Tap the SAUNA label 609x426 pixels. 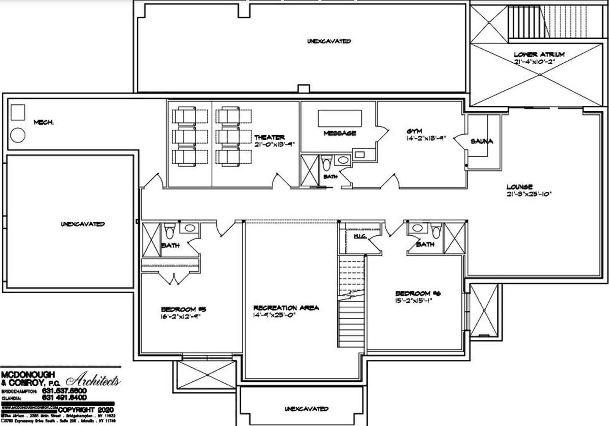(482, 141)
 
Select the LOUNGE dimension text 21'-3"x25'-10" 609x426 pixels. (529, 193)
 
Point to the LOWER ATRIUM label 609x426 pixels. (539, 55)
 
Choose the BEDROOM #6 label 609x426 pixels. (417, 293)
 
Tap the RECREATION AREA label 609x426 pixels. (286, 308)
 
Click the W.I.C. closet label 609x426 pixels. (360, 236)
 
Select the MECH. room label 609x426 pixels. (43, 123)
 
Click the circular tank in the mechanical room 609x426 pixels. (18, 135)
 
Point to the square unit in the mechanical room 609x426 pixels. (18, 112)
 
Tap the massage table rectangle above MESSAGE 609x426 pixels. (340, 118)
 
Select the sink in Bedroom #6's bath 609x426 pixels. (417, 228)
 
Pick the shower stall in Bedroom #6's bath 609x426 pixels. (454, 238)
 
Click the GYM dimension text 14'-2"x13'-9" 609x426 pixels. (429, 138)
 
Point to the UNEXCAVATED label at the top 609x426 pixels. (329, 41)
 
